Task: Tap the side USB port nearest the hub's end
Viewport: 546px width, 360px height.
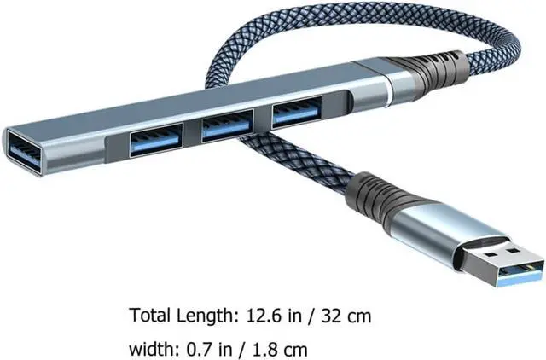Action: (x=156, y=140)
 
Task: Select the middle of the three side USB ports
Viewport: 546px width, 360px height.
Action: (x=228, y=125)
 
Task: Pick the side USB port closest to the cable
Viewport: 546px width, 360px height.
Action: (x=297, y=112)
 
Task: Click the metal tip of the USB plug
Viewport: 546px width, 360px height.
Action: (x=502, y=262)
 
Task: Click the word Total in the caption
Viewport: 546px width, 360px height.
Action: (x=150, y=316)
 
